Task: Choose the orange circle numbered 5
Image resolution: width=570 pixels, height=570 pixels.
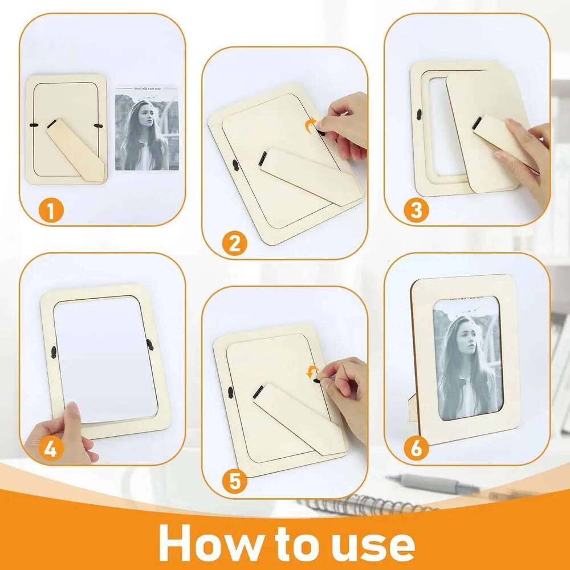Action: [x=235, y=482]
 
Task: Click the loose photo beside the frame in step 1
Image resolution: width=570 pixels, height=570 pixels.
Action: [x=147, y=129]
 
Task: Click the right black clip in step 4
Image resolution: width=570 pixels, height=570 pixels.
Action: [x=149, y=345]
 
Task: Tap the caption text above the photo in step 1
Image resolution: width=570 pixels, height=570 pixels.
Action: [x=147, y=89]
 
